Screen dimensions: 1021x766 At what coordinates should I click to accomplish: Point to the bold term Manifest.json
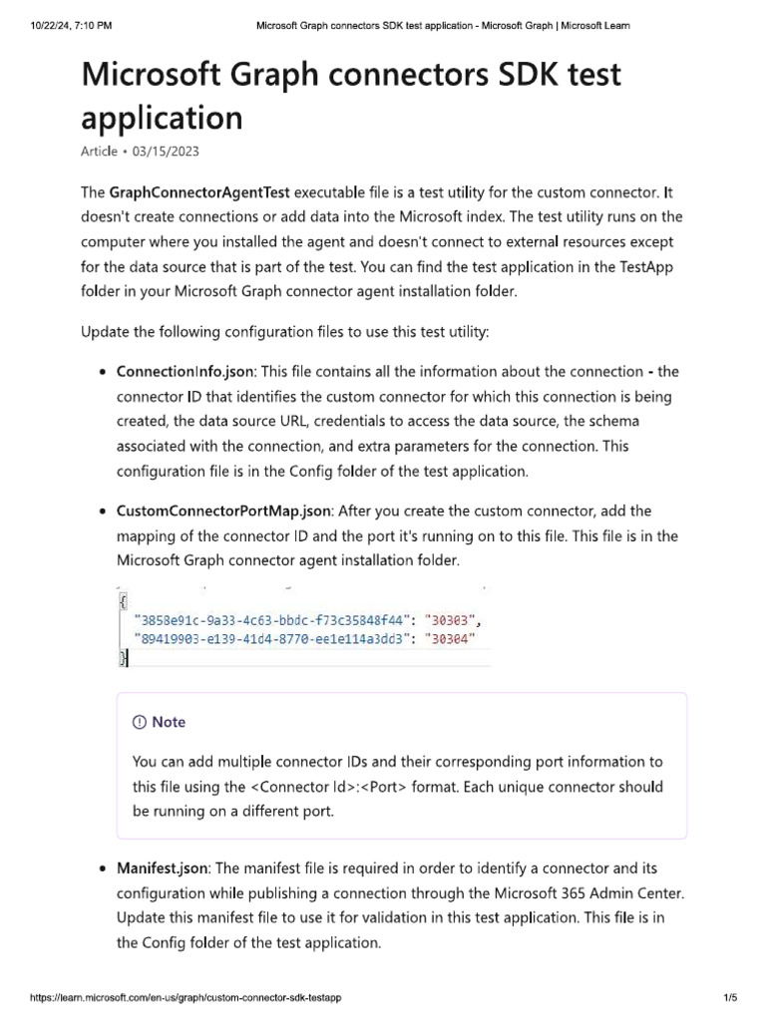coord(154,868)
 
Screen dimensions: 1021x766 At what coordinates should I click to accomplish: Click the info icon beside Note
coord(139,722)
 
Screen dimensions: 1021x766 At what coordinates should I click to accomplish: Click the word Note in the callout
coord(169,722)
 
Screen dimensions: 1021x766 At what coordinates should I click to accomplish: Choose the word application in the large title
coord(162,118)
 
